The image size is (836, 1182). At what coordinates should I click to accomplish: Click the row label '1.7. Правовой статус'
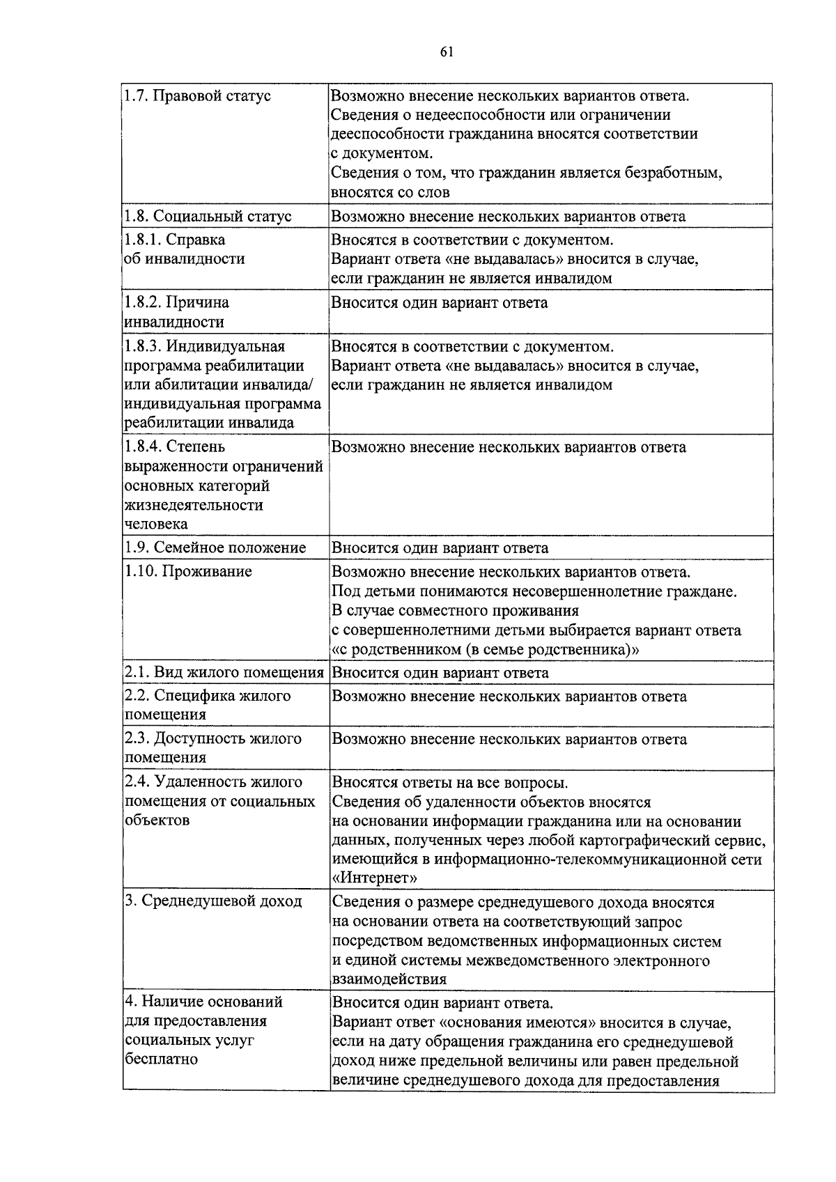pyautogui.click(x=198, y=95)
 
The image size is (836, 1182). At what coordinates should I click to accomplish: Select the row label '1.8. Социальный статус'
pyautogui.click(x=208, y=216)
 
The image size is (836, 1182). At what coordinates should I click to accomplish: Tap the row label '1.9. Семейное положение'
pyautogui.click(x=215, y=547)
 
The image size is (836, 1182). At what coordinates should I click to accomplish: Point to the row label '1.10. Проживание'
pyautogui.click(x=188, y=571)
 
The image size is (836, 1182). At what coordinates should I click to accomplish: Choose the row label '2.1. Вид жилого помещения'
pyautogui.click(x=224, y=672)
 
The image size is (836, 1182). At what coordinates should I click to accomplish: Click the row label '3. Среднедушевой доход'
pyautogui.click(x=213, y=901)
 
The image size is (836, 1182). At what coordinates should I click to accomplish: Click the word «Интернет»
pyautogui.click(x=375, y=878)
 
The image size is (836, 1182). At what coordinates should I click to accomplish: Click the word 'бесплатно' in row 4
pyautogui.click(x=161, y=1059)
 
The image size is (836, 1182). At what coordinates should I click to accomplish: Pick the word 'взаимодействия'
pyautogui.click(x=389, y=979)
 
